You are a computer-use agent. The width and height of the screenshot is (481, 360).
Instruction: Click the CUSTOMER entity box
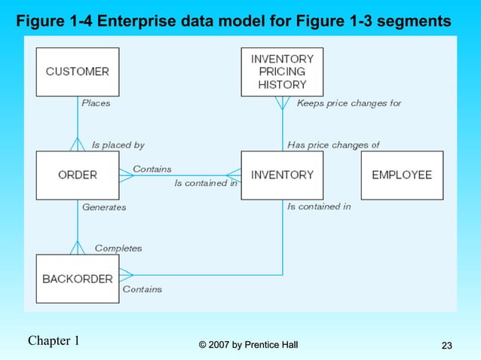(78, 72)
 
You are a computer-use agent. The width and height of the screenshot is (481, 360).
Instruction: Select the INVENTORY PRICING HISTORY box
(282, 72)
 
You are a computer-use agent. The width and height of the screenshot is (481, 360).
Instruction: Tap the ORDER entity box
(78, 175)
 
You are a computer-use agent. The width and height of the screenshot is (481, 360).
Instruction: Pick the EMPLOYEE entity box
(402, 175)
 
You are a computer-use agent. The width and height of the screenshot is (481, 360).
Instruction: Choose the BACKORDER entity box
(78, 279)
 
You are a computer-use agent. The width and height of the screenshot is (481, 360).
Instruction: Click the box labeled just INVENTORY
(282, 175)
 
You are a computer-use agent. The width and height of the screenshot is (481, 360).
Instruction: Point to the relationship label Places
(96, 103)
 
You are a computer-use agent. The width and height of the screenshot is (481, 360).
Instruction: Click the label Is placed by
(118, 145)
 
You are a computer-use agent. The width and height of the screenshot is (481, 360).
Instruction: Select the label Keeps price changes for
(349, 103)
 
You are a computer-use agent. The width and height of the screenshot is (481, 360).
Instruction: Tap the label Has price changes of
(333, 145)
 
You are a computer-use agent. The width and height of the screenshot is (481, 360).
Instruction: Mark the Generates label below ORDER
(104, 206)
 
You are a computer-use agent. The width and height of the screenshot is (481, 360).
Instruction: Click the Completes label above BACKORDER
(118, 248)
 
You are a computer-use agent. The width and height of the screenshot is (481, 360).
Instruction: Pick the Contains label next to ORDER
(152, 169)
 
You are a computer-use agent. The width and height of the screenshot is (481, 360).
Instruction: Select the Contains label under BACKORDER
(142, 289)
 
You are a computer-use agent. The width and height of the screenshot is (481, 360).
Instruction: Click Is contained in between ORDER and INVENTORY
(206, 182)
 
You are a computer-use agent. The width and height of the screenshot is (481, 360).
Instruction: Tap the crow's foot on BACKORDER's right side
(126, 275)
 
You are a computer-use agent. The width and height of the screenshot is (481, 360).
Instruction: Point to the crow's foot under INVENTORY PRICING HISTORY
(282, 103)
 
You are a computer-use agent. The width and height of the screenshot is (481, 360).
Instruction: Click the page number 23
(446, 346)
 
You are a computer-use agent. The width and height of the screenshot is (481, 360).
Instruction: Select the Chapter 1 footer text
(54, 340)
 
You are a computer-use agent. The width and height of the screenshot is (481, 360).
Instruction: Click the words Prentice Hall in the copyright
(271, 345)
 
